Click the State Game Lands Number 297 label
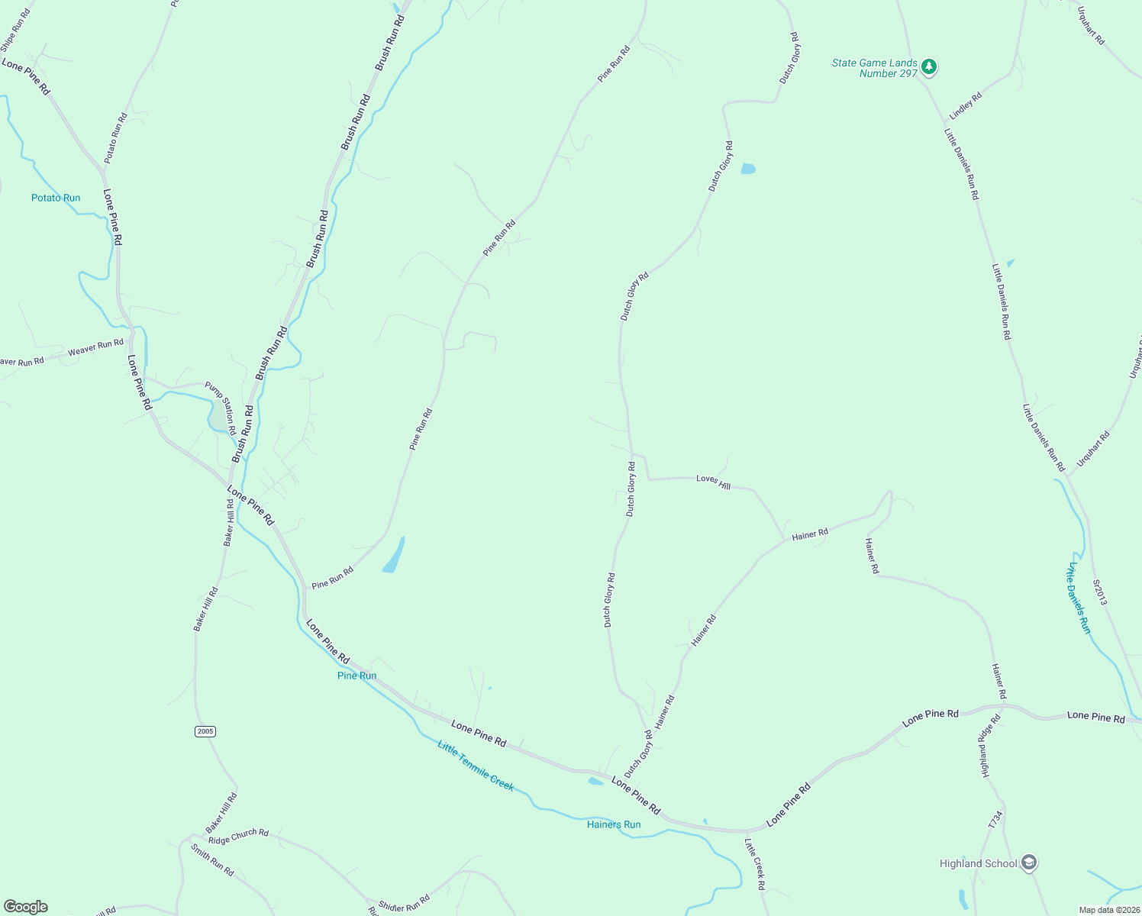pos(875,68)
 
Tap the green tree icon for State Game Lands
pos(928,66)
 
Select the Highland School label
pos(978,863)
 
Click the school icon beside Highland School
pos(1028,863)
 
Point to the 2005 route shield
pos(205,731)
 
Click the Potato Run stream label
pos(56,198)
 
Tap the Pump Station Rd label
pos(221,409)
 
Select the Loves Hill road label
pos(713,481)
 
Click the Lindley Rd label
pos(965,106)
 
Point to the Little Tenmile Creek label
pos(476,766)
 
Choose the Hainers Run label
pos(614,824)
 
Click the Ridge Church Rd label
pos(238,836)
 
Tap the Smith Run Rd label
pos(212,860)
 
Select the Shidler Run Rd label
pos(404,903)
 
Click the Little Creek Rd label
pos(754,864)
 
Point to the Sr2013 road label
pos(1099,592)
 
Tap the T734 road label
pos(994,820)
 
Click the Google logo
pos(26,907)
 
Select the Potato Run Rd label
pos(116,137)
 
